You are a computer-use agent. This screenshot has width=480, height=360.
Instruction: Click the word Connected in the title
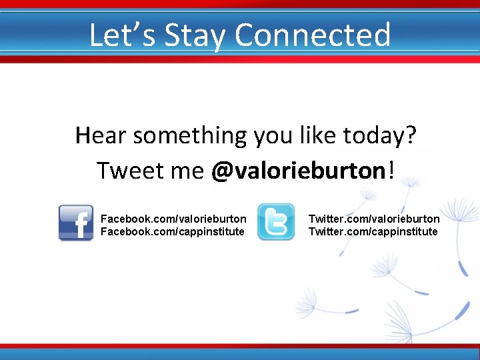313,35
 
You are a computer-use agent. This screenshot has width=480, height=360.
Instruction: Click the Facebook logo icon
76,223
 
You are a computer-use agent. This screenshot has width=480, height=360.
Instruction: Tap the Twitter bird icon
275,222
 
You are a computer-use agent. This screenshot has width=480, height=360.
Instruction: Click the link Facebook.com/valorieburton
173,219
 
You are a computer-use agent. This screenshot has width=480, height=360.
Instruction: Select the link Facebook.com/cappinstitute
171,231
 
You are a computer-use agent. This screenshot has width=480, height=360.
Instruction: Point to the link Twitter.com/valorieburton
374,219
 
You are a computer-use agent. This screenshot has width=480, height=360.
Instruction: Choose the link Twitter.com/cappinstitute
373,231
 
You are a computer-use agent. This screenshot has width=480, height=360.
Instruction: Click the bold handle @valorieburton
298,171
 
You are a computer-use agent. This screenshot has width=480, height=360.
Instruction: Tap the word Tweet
125,171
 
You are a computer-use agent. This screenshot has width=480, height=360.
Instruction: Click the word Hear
101,135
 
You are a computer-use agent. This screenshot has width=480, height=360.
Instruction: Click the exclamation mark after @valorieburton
390,170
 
